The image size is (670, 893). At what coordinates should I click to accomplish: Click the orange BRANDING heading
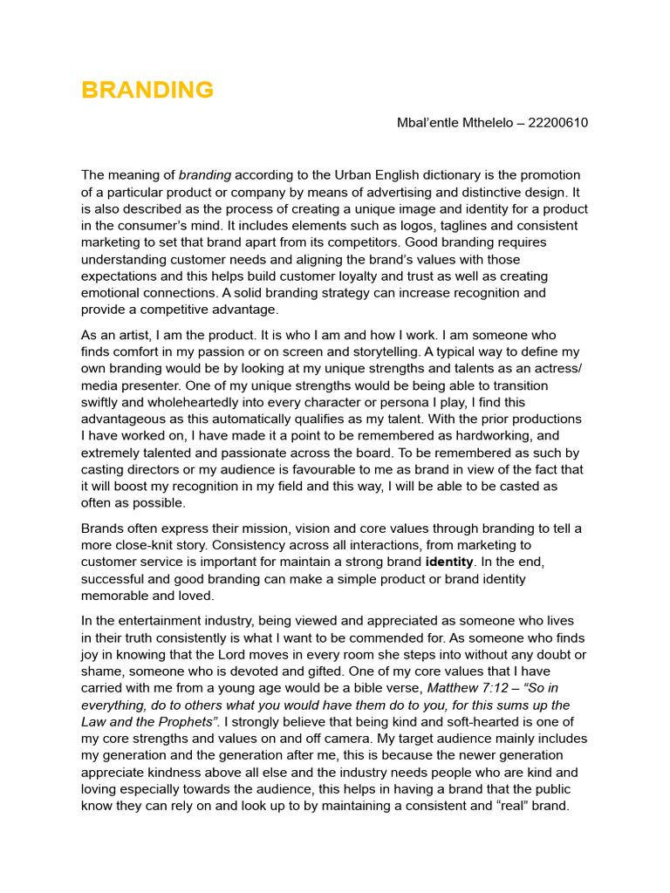click(147, 90)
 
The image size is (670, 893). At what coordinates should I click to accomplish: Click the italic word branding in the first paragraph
click(205, 175)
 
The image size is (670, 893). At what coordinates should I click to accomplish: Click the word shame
click(102, 671)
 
